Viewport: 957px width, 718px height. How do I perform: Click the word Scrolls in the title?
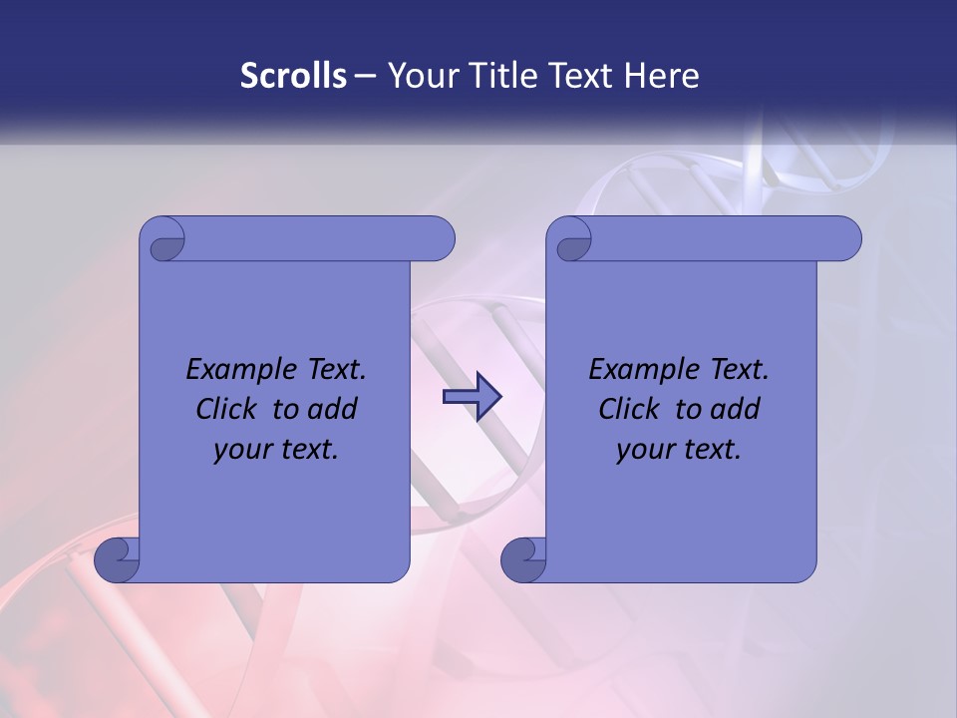point(294,75)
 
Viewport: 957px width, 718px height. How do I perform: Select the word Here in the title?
point(661,75)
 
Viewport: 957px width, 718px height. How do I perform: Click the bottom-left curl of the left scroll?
point(118,559)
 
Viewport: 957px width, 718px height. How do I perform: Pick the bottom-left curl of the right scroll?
point(524,559)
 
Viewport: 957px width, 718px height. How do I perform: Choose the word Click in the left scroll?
point(228,409)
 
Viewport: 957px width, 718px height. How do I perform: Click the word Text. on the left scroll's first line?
point(333,370)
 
